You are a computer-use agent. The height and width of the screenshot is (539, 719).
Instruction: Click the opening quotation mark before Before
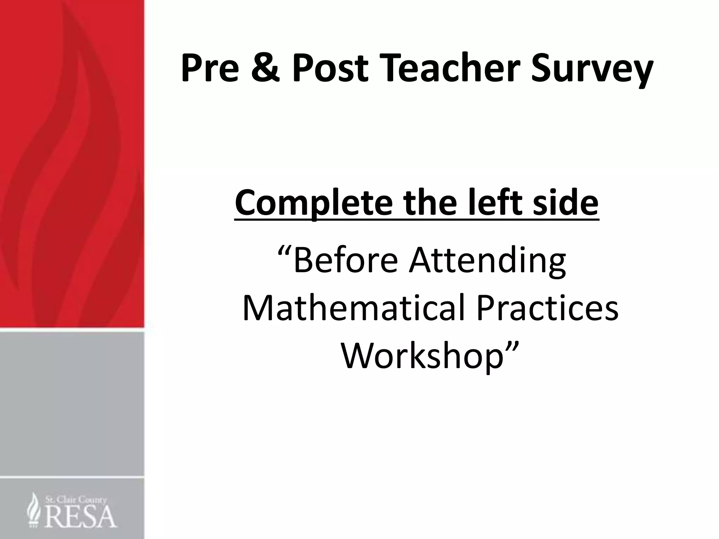285,251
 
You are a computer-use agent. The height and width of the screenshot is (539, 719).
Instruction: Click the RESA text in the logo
80,516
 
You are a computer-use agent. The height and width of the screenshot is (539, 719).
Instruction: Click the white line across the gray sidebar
72,478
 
